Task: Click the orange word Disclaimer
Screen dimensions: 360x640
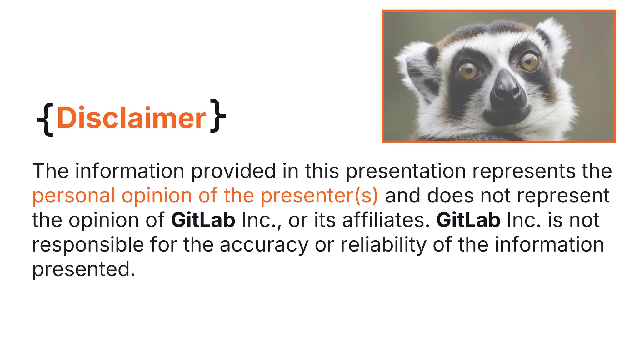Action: (x=131, y=118)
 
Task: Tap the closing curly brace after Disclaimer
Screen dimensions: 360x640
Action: (x=218, y=116)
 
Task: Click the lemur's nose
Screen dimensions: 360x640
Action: (x=507, y=91)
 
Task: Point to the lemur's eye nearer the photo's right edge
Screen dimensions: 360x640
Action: (x=529, y=61)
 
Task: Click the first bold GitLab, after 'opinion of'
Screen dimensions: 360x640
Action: (x=203, y=220)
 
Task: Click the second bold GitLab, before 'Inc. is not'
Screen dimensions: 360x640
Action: (x=468, y=220)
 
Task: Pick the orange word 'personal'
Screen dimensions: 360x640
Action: (x=74, y=196)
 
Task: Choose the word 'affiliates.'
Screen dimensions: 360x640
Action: (x=386, y=220)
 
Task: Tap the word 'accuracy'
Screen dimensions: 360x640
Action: (x=264, y=245)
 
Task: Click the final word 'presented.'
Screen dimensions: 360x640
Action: (x=84, y=269)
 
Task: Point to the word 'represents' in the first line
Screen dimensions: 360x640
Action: (x=524, y=172)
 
